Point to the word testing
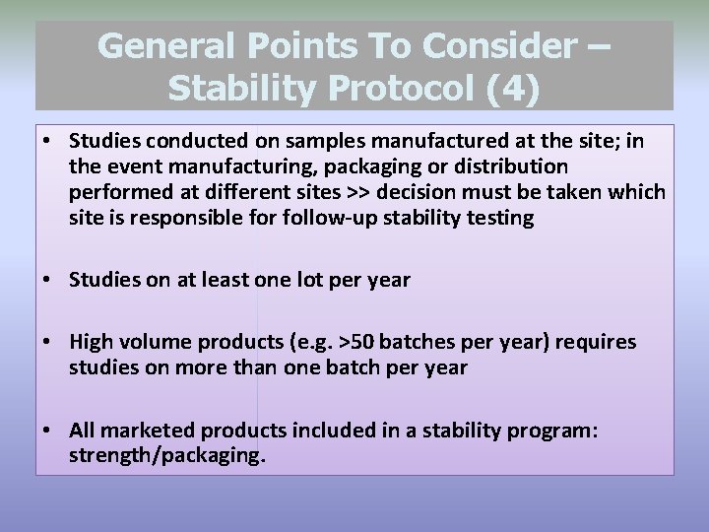tap(501, 218)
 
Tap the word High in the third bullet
tap(92, 342)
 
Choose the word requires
tap(596, 342)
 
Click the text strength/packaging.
tap(167, 456)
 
